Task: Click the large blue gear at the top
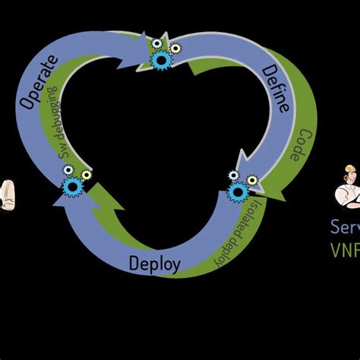[x=161, y=60]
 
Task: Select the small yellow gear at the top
[x=175, y=49]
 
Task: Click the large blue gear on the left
[x=72, y=186]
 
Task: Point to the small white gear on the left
[x=68, y=170]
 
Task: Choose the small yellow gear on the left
[x=86, y=175]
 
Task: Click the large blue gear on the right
[x=238, y=191]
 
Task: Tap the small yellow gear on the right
[x=252, y=180]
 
